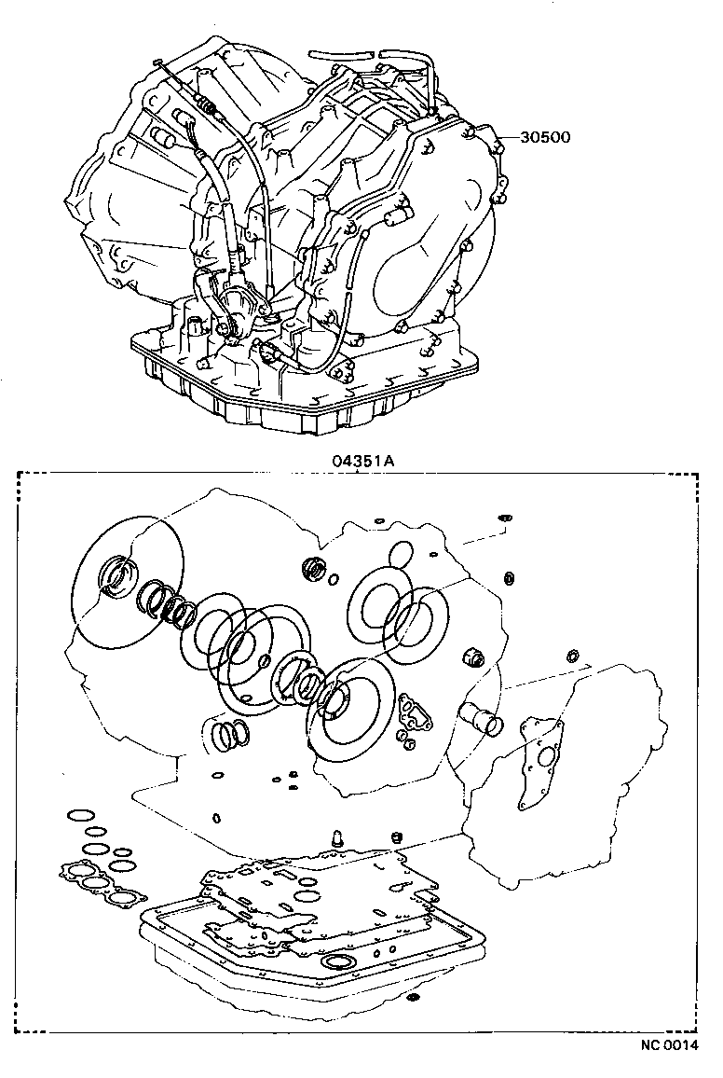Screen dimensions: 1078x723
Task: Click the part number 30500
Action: (x=545, y=137)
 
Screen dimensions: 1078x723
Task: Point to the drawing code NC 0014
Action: (x=666, y=1045)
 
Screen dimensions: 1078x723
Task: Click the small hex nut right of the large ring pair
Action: (x=472, y=660)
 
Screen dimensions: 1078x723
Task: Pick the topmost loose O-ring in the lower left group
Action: (x=80, y=817)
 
